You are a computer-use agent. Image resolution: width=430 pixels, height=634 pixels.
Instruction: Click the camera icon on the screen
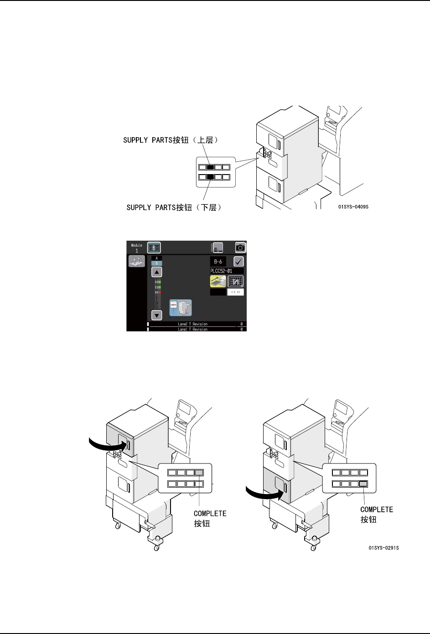pyautogui.click(x=240, y=247)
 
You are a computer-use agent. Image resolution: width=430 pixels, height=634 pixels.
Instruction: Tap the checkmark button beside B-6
pyautogui.click(x=238, y=261)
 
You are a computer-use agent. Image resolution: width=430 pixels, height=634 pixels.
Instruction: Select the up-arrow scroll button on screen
pyautogui.click(x=156, y=272)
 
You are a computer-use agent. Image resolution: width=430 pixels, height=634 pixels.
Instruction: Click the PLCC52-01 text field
pyautogui.click(x=227, y=271)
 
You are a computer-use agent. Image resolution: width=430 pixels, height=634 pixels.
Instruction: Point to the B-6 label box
pyautogui.click(x=218, y=262)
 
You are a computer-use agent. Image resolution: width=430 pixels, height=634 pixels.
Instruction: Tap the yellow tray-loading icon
pyautogui.click(x=218, y=282)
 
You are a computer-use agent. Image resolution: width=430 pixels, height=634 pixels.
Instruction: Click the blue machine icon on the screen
pyautogui.click(x=181, y=308)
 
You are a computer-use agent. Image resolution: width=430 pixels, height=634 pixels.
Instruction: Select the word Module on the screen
pyautogui.click(x=136, y=245)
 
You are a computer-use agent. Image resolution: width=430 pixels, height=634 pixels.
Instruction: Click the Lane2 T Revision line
pyautogui.click(x=192, y=324)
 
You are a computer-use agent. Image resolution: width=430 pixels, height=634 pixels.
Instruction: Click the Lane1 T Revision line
pyautogui.click(x=192, y=329)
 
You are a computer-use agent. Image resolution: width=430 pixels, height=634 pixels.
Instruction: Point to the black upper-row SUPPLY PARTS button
pyautogui.click(x=210, y=167)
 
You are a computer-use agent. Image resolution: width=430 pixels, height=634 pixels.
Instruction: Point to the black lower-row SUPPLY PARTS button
pyautogui.click(x=210, y=177)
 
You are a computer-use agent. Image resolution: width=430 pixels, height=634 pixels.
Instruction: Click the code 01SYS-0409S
pyautogui.click(x=353, y=207)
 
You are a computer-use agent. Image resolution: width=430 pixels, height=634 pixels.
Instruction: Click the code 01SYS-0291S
pyautogui.click(x=383, y=548)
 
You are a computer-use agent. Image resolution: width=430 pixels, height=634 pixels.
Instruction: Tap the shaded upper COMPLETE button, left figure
pyautogui.click(x=199, y=473)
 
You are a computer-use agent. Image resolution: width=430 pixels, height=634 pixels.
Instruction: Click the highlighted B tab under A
pyautogui.click(x=156, y=263)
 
